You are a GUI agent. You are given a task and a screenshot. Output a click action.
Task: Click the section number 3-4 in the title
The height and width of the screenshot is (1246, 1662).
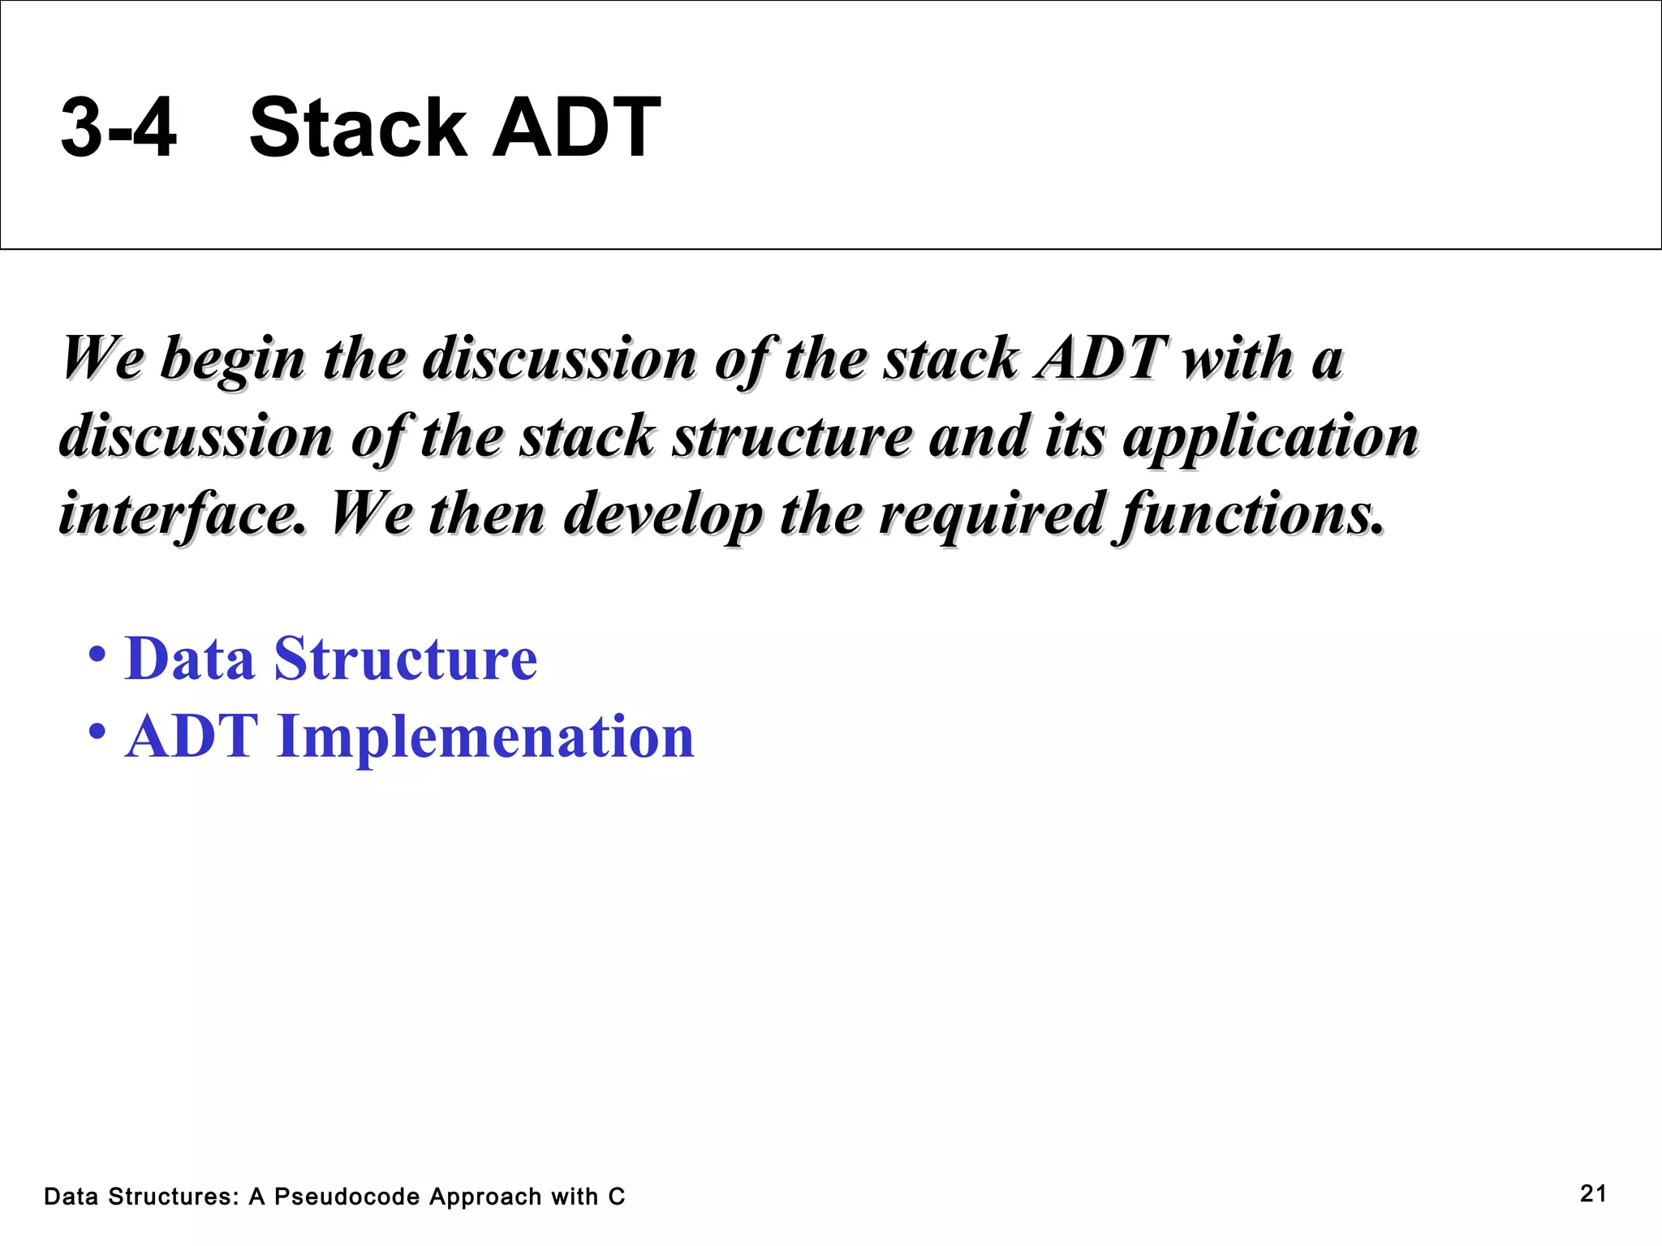[x=118, y=127]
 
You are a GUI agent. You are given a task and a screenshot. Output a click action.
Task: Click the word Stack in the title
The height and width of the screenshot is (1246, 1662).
[x=356, y=127]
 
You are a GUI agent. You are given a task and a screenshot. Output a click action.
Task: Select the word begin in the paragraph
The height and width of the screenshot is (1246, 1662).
[x=233, y=359]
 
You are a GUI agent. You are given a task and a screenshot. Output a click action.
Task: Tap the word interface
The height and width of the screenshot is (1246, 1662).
[x=183, y=514]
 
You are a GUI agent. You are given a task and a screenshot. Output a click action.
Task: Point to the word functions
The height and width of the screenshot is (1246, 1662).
[x=1251, y=514]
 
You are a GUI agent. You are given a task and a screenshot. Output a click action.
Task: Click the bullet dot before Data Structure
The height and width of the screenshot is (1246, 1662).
[x=97, y=654]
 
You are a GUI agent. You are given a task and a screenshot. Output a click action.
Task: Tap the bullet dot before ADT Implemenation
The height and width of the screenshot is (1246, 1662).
[x=97, y=732]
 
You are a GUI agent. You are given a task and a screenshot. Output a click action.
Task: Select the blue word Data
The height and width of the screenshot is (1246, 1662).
[x=190, y=658]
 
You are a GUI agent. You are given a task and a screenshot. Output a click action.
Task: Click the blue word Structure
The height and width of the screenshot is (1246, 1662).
[x=406, y=658]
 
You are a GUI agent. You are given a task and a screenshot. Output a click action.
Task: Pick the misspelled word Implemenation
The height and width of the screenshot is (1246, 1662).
[x=485, y=737]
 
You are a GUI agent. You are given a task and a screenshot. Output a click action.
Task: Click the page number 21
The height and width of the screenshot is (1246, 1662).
[x=1593, y=1193]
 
